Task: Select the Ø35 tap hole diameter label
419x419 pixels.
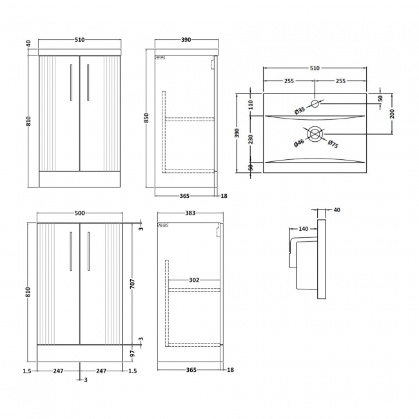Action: (x=300, y=111)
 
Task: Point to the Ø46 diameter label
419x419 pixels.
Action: (x=299, y=143)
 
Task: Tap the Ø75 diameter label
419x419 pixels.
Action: (x=333, y=143)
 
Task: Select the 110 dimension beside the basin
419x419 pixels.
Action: (x=251, y=104)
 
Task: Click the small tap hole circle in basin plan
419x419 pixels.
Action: (x=315, y=104)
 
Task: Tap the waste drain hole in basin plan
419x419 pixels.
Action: (x=315, y=134)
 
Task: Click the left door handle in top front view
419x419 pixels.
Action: (x=70, y=88)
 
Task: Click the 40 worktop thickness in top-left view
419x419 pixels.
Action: (x=28, y=44)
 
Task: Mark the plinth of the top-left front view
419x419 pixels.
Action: (x=79, y=179)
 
